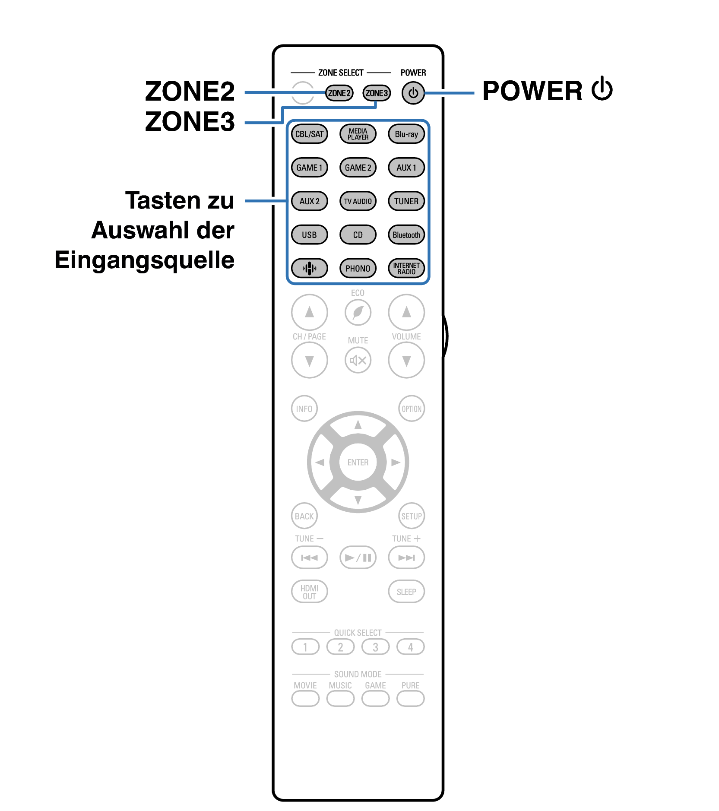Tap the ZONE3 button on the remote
coord(377,93)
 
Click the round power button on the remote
coord(413,93)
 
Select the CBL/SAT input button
coord(309,134)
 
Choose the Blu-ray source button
coord(406,134)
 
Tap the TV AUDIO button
coord(358,201)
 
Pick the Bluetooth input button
coord(406,235)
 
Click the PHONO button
coord(358,268)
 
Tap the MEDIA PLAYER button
coord(358,134)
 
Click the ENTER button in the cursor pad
coord(358,462)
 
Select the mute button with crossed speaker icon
coord(358,360)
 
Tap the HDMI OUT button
coord(309,592)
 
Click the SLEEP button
coord(406,592)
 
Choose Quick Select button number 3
coord(375,647)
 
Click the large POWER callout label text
coord(532,91)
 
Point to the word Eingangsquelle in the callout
coord(144,260)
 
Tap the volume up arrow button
coord(406,312)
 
